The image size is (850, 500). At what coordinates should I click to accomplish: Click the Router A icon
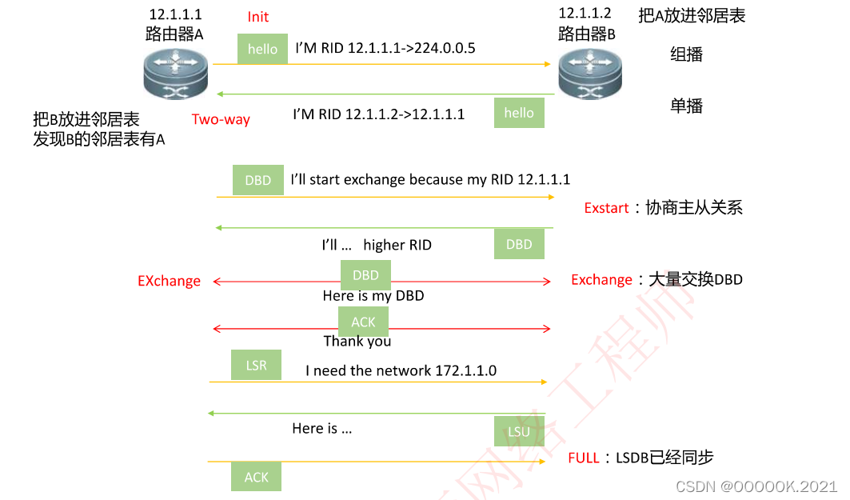point(175,73)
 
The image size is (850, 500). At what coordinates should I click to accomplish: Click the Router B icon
point(589,73)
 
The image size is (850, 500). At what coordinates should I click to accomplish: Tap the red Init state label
point(258,17)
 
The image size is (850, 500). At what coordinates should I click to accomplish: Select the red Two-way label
point(221,120)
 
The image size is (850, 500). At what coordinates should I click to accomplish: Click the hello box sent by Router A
point(262,49)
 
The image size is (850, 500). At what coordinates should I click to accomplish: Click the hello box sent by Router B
point(519,113)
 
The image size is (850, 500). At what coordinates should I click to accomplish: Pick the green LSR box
point(257,365)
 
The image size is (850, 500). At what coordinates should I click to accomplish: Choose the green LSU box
point(519,432)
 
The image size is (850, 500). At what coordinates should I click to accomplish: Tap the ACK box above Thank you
point(363,322)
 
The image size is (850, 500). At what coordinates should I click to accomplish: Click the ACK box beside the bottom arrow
point(257,477)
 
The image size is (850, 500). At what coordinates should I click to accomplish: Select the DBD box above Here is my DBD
point(365,275)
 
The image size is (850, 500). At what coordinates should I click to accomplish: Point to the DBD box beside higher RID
point(519,244)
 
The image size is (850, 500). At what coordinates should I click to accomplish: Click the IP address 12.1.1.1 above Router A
point(175,14)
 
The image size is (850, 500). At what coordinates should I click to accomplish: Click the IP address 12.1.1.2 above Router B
point(585,13)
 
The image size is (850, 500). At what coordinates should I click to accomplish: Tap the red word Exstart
point(606,208)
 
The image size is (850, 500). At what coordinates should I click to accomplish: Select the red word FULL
point(584,458)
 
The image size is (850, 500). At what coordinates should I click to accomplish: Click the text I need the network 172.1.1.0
point(401,370)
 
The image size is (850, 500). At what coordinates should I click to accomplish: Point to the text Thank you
point(357,341)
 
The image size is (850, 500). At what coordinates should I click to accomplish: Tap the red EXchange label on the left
point(169,281)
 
